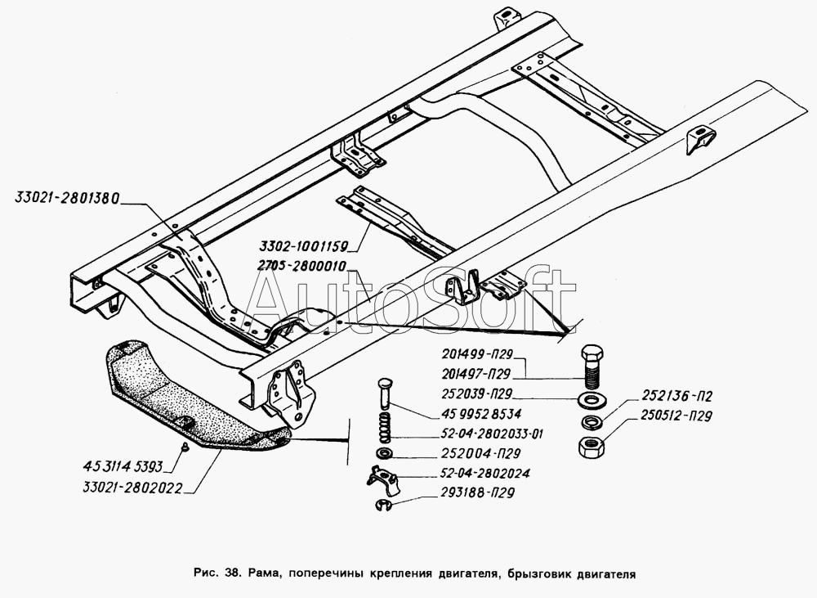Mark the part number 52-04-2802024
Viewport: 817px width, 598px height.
click(x=468, y=473)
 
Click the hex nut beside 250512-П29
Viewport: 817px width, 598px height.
click(x=590, y=447)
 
